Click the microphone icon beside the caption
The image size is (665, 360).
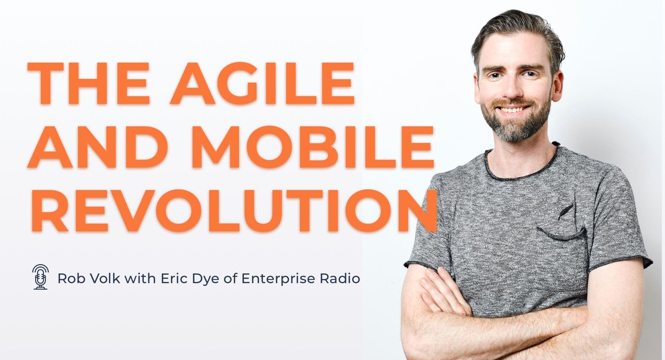[41, 277]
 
